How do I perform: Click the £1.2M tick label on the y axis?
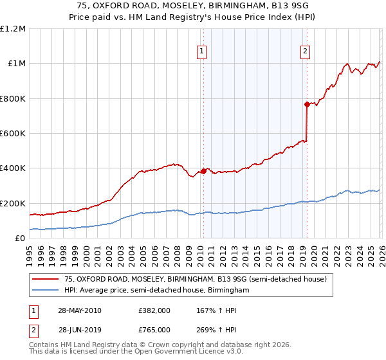coord(13,29)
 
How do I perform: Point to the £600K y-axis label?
coord(13,134)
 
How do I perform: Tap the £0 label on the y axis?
coord(21,239)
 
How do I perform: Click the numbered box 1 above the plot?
coord(202,52)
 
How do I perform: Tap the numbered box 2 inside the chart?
coord(305,52)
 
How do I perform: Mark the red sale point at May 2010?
coord(203,171)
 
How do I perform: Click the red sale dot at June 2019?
coord(307,104)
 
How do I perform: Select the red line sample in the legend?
coord(46,279)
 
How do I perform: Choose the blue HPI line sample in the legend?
coord(46,291)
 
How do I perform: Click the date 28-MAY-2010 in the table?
coord(79,310)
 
